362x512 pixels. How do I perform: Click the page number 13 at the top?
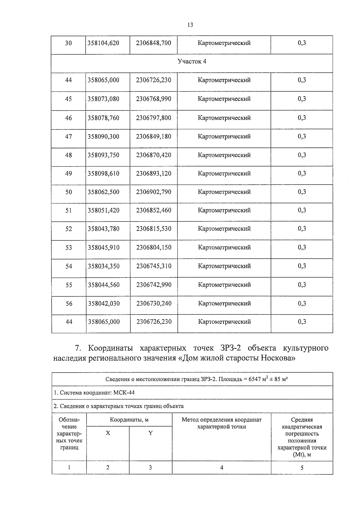(190, 25)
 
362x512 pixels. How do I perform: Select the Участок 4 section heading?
(192, 62)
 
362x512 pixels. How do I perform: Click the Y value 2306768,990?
(154, 99)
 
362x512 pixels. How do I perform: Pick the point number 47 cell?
(68, 137)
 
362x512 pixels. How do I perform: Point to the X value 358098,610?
(103, 173)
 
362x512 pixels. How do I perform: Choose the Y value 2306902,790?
(154, 192)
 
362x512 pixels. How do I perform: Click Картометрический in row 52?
(224, 229)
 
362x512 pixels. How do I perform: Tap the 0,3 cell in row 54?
(302, 266)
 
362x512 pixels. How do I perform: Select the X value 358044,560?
(104, 285)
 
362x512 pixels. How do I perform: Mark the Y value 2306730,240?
(154, 304)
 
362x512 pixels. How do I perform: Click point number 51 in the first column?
(68, 210)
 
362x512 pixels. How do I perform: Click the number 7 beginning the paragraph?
(78, 348)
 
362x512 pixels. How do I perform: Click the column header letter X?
(108, 433)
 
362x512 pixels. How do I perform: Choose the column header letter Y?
(150, 433)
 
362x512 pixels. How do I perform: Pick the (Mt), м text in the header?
(302, 454)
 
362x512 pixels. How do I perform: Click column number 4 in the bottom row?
(221, 468)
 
